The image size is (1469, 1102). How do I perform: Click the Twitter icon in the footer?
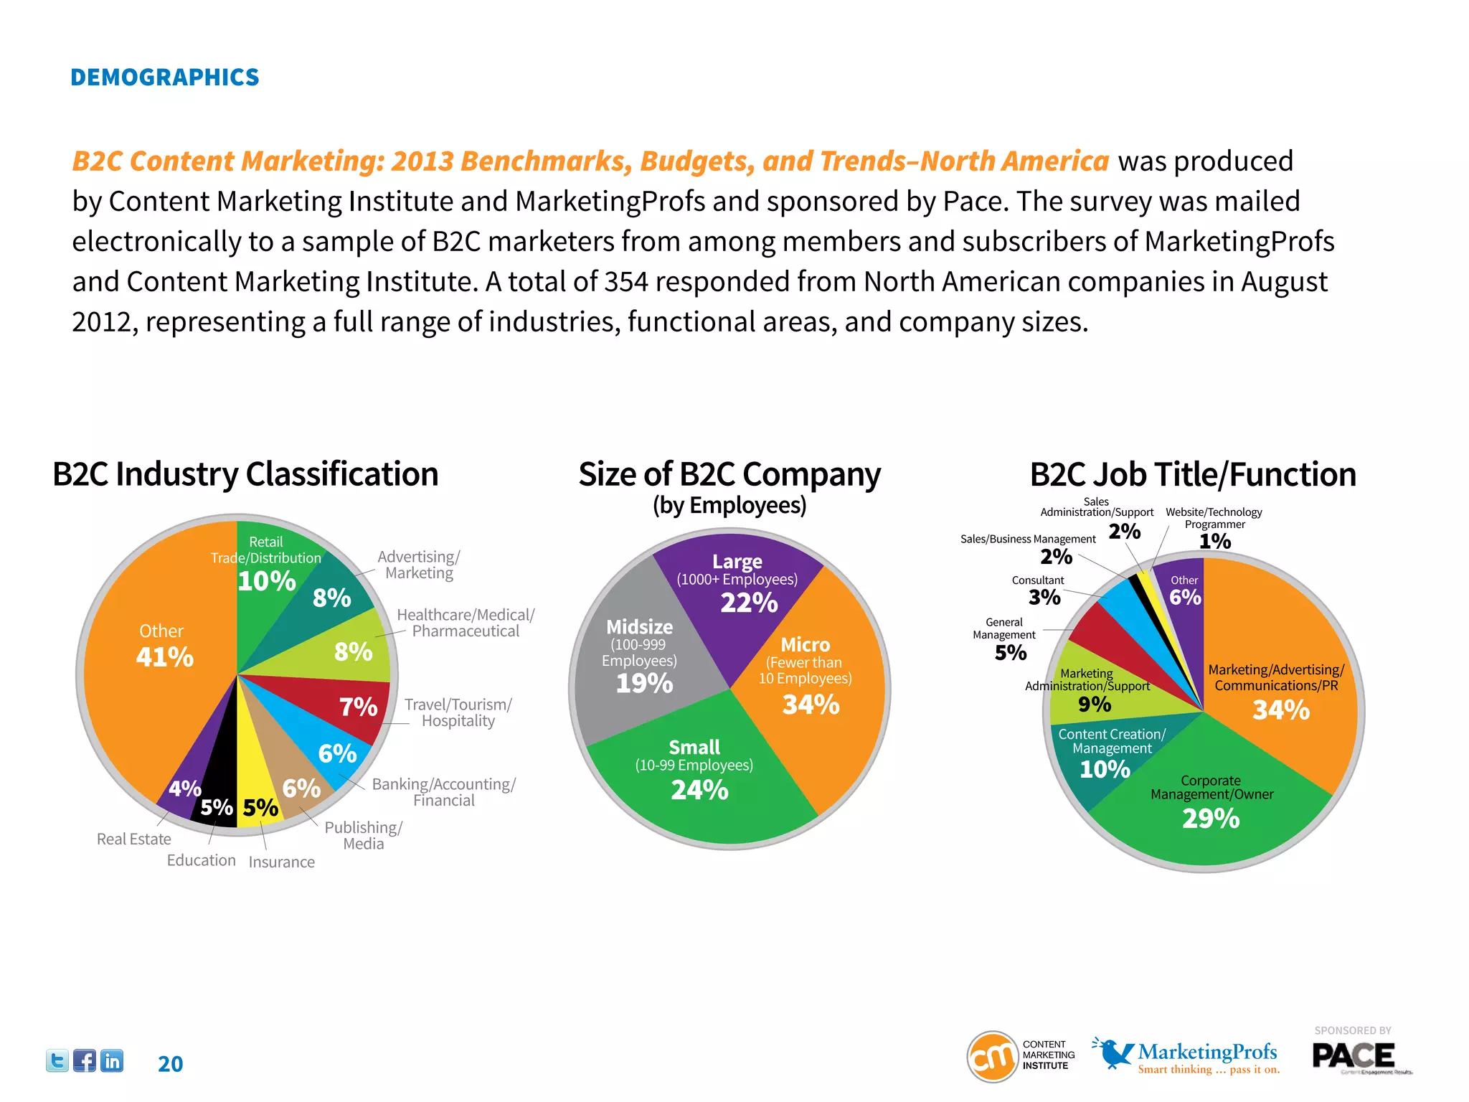tap(57, 1060)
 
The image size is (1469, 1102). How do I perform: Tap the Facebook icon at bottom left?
tap(85, 1060)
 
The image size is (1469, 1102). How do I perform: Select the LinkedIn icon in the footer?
tap(112, 1060)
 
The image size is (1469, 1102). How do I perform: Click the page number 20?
tap(170, 1064)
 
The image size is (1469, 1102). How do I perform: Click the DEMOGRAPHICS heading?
tap(164, 77)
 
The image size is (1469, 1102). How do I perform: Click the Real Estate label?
tap(134, 839)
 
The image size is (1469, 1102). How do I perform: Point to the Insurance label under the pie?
tap(281, 862)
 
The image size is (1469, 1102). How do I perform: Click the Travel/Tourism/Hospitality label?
tap(458, 712)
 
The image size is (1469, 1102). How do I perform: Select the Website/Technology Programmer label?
tap(1214, 518)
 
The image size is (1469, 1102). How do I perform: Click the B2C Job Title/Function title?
tap(1192, 474)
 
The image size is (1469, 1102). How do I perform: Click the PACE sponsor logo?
tap(1354, 1056)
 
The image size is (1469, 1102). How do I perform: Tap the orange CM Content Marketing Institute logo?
tap(993, 1056)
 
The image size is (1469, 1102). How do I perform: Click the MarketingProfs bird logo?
tap(1113, 1052)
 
